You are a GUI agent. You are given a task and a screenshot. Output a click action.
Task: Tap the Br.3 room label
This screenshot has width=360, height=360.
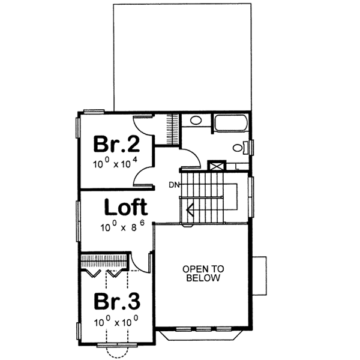point(118,300)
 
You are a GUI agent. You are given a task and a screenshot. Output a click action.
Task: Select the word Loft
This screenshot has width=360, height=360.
point(125,208)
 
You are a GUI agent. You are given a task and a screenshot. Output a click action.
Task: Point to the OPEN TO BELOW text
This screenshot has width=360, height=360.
point(202,274)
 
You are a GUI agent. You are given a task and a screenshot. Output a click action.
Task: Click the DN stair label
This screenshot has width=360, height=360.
point(173,184)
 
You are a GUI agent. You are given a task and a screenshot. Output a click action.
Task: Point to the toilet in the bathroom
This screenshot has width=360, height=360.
point(238,148)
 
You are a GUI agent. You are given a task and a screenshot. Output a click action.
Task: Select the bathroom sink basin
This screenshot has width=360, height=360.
point(196,121)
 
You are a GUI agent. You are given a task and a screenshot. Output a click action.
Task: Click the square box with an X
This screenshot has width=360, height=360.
point(215,164)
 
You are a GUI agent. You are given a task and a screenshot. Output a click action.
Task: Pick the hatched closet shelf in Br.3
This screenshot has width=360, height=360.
point(103,262)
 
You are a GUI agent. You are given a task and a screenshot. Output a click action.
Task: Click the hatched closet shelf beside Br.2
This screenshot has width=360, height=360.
point(173,129)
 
